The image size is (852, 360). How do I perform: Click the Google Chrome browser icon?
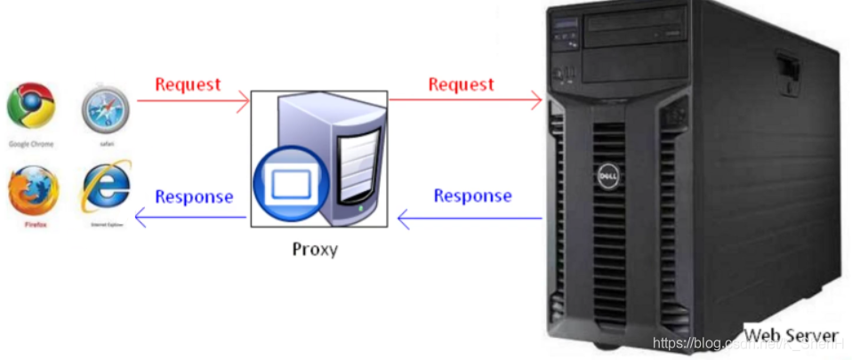click(x=31, y=106)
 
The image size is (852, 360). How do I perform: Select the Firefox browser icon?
click(x=32, y=190)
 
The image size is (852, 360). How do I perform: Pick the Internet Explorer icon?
click(x=106, y=188)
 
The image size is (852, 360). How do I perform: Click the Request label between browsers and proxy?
click(x=188, y=84)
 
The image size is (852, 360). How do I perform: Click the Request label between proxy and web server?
click(x=461, y=84)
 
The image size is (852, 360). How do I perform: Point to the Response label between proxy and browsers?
click(x=194, y=196)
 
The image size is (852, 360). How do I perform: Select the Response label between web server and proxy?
click(x=472, y=196)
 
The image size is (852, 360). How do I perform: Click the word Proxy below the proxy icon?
click(x=315, y=249)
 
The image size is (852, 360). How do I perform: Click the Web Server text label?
click(x=791, y=334)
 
